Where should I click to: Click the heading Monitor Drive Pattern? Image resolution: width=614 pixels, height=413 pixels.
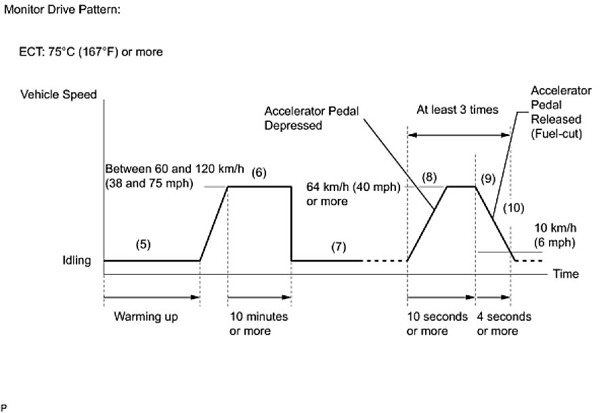[62, 12]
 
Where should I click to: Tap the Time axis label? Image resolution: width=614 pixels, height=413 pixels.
[566, 274]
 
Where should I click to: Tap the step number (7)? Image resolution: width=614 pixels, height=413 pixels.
[338, 246]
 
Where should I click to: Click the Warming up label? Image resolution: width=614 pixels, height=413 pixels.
[146, 317]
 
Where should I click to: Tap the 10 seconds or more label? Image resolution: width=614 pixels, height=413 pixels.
[437, 324]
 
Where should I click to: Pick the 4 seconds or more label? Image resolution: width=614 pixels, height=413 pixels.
[504, 324]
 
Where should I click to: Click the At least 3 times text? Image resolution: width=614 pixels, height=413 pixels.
[457, 109]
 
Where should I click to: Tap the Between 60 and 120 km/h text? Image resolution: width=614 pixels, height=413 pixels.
[166, 167]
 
